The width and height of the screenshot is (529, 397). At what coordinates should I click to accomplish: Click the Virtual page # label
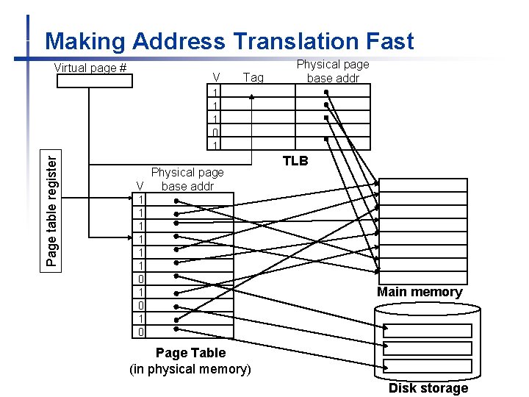tap(90, 68)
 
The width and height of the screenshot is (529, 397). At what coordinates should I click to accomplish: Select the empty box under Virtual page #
tap(95, 82)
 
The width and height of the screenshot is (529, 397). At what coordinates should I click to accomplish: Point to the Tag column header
tap(253, 77)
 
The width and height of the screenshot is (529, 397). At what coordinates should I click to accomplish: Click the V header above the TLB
tap(215, 77)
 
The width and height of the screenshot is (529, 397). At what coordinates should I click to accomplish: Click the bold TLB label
tap(295, 161)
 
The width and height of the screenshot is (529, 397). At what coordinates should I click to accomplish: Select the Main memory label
tap(420, 292)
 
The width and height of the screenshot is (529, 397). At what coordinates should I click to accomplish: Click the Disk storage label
tap(428, 388)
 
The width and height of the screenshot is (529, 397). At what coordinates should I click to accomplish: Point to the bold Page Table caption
tap(190, 353)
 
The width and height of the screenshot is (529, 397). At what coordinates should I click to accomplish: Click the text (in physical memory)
tap(190, 369)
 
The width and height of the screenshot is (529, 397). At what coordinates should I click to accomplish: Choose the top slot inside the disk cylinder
tap(428, 331)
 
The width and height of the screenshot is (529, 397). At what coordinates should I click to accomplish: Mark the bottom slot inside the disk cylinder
tap(428, 366)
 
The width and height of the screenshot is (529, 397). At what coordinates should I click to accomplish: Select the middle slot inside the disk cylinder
tap(428, 348)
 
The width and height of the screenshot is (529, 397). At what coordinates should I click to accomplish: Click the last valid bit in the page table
tap(140, 332)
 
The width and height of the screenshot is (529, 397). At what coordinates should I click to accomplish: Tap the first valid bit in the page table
tap(140, 200)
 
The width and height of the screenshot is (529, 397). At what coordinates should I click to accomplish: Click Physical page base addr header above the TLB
tap(333, 71)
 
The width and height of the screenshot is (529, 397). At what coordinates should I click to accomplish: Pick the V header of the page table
tap(140, 186)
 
